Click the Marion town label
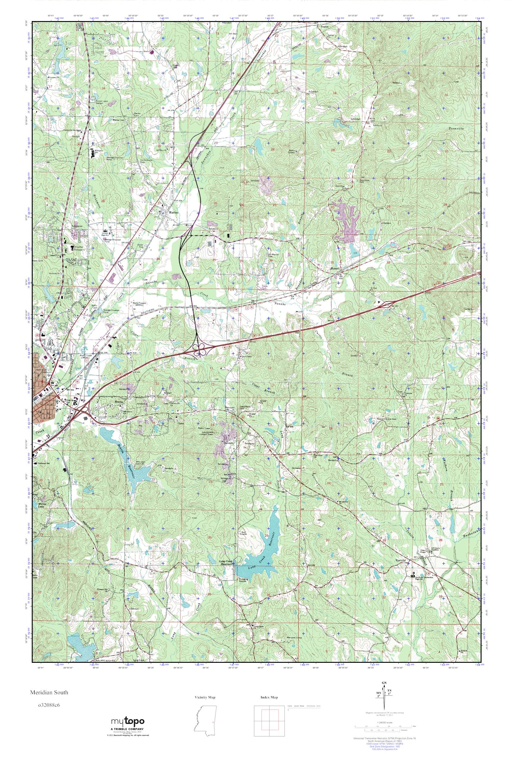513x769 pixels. pyautogui.click(x=173, y=212)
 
